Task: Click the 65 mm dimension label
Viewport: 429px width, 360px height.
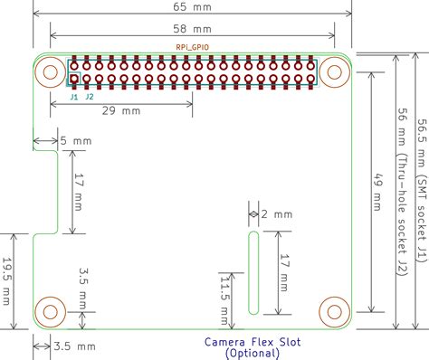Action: tap(192, 6)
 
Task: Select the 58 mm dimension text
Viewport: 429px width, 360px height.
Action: tap(192, 28)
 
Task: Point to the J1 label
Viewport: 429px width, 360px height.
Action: tap(73, 95)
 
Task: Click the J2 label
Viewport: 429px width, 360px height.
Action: tap(89, 95)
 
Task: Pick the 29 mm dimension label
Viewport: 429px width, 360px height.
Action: tap(119, 112)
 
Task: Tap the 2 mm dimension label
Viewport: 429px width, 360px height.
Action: tap(277, 214)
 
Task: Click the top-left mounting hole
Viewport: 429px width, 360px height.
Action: tap(49, 72)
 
